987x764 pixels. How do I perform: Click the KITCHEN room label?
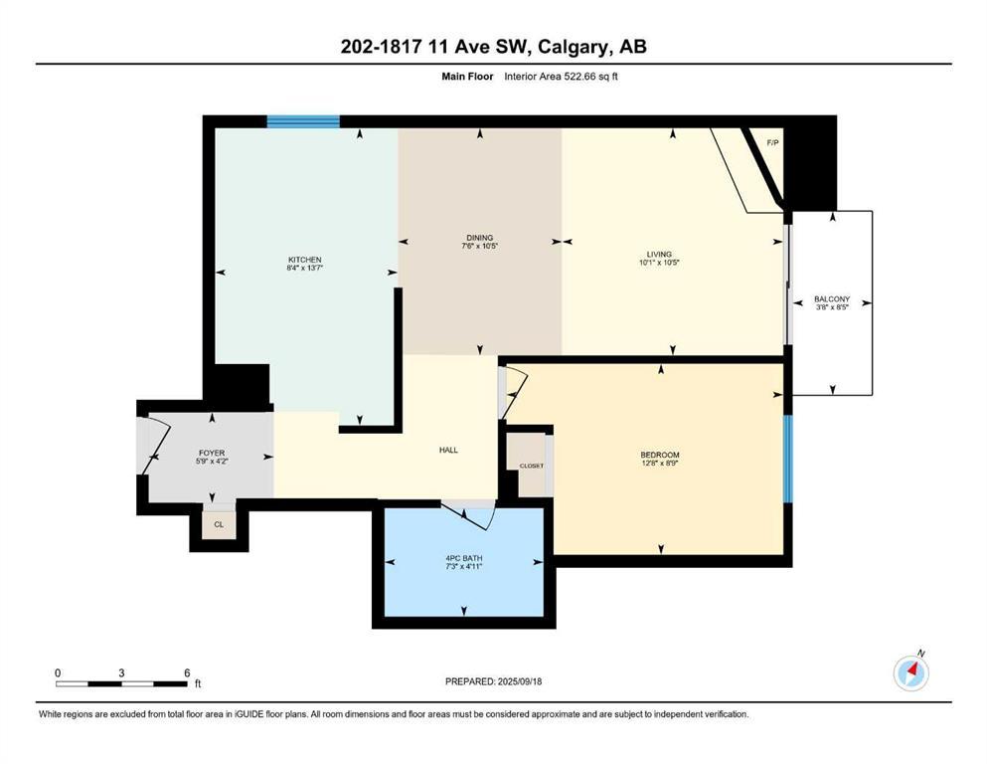coord(305,260)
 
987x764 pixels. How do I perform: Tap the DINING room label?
coord(479,238)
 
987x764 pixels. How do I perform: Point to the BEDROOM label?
coord(660,456)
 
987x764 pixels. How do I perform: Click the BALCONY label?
coord(832,298)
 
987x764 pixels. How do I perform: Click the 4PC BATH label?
coord(463,559)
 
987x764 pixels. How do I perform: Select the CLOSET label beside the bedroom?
coord(531,466)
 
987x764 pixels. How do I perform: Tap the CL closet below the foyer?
coord(219,524)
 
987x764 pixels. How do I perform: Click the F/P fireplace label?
coord(772,143)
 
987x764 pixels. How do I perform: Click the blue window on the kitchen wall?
coord(303,121)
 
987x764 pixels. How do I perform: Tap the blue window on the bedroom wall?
coord(787,458)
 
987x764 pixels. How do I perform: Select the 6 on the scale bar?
coord(187,673)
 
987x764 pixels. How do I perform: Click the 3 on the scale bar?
coord(121,673)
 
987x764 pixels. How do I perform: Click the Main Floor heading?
coord(468,76)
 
